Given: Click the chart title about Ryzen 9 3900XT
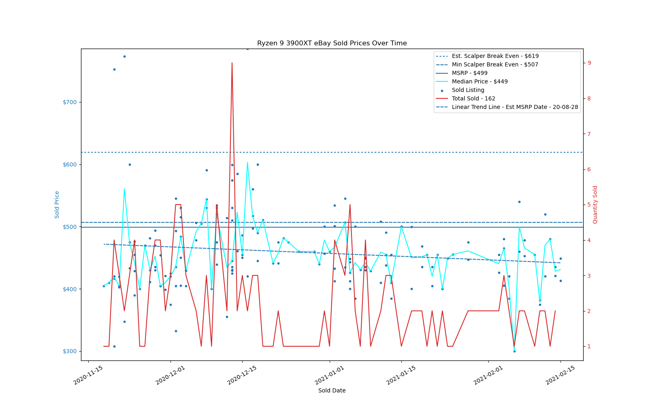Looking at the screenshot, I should pos(332,43).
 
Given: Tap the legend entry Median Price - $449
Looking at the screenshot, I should pos(480,82).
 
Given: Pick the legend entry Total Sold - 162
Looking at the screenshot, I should pos(473,99).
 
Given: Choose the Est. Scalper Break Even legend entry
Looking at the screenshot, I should pos(495,56).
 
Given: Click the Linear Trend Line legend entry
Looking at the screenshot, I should pos(515,107).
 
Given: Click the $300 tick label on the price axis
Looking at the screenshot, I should pos(70,351).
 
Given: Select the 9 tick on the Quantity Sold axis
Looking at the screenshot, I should pos(589,63).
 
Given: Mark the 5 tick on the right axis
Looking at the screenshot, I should pos(589,205).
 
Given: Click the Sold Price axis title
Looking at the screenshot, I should pos(57,205).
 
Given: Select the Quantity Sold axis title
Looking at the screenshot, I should pos(595,205).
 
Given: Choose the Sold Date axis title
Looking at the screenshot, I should pos(332,391).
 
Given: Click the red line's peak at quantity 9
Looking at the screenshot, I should pos(232,63).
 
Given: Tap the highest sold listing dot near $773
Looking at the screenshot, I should pos(124,56).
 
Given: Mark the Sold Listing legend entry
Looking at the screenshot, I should pos(468,90).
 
